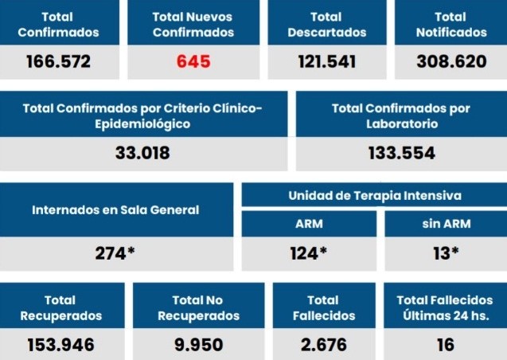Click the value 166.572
click(58, 62)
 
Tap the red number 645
click(193, 62)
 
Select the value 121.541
click(326, 62)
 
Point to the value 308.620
click(450, 62)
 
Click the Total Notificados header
click(451, 25)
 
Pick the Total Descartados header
click(326, 25)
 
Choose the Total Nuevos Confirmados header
click(193, 25)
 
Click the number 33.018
click(142, 153)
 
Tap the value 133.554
click(401, 153)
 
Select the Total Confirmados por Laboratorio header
click(401, 116)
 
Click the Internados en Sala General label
click(115, 210)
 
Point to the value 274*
click(115, 253)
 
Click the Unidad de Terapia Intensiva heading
click(374, 195)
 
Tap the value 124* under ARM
click(309, 253)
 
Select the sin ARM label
click(446, 224)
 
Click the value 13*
click(446, 253)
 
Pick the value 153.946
click(60, 345)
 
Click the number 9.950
click(198, 345)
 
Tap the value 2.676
click(325, 345)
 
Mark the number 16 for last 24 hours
click(445, 345)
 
